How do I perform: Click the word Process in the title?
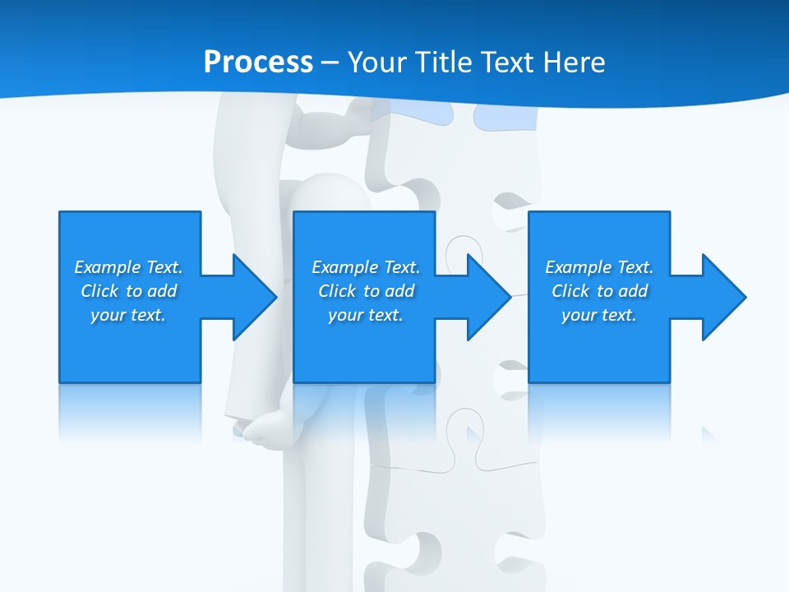[258, 62]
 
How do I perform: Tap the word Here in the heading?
[573, 62]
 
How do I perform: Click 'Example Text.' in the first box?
[128, 267]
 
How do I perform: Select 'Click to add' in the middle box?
[366, 291]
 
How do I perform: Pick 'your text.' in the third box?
[599, 315]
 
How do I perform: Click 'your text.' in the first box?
[128, 315]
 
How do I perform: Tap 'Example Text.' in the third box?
[599, 267]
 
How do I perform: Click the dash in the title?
[330, 62]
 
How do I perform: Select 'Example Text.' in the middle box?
[366, 267]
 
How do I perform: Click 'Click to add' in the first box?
[128, 291]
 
